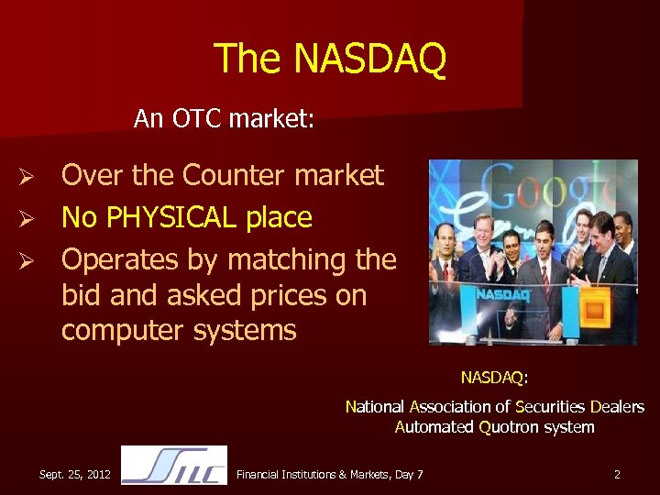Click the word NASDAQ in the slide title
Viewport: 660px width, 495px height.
[370, 59]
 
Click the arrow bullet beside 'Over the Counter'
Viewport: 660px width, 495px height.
[27, 175]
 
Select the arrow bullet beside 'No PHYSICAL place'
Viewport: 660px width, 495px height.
[27, 218]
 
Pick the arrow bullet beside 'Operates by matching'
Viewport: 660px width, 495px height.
[27, 261]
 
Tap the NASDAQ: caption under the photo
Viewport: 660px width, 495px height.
[494, 377]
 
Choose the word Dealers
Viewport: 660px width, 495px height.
[618, 406]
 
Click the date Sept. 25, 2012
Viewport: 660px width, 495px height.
[75, 474]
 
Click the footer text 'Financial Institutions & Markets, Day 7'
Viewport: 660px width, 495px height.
[330, 474]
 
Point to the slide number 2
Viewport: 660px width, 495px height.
[617, 474]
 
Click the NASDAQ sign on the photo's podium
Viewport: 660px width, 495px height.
[502, 296]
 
